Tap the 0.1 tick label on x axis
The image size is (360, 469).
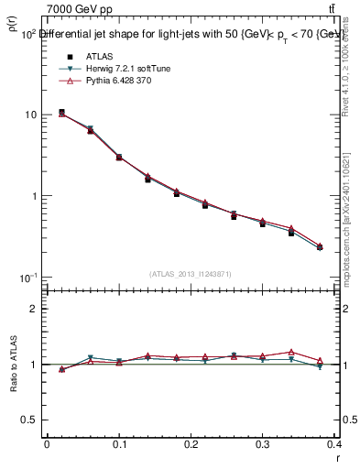coord(119,446)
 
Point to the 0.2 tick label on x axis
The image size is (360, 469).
coord(191,446)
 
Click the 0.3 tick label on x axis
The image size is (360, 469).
coord(264,446)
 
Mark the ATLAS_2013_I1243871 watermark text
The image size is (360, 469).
coord(191,274)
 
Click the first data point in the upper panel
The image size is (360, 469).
coord(61,113)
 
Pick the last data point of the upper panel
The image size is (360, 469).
coord(320,247)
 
